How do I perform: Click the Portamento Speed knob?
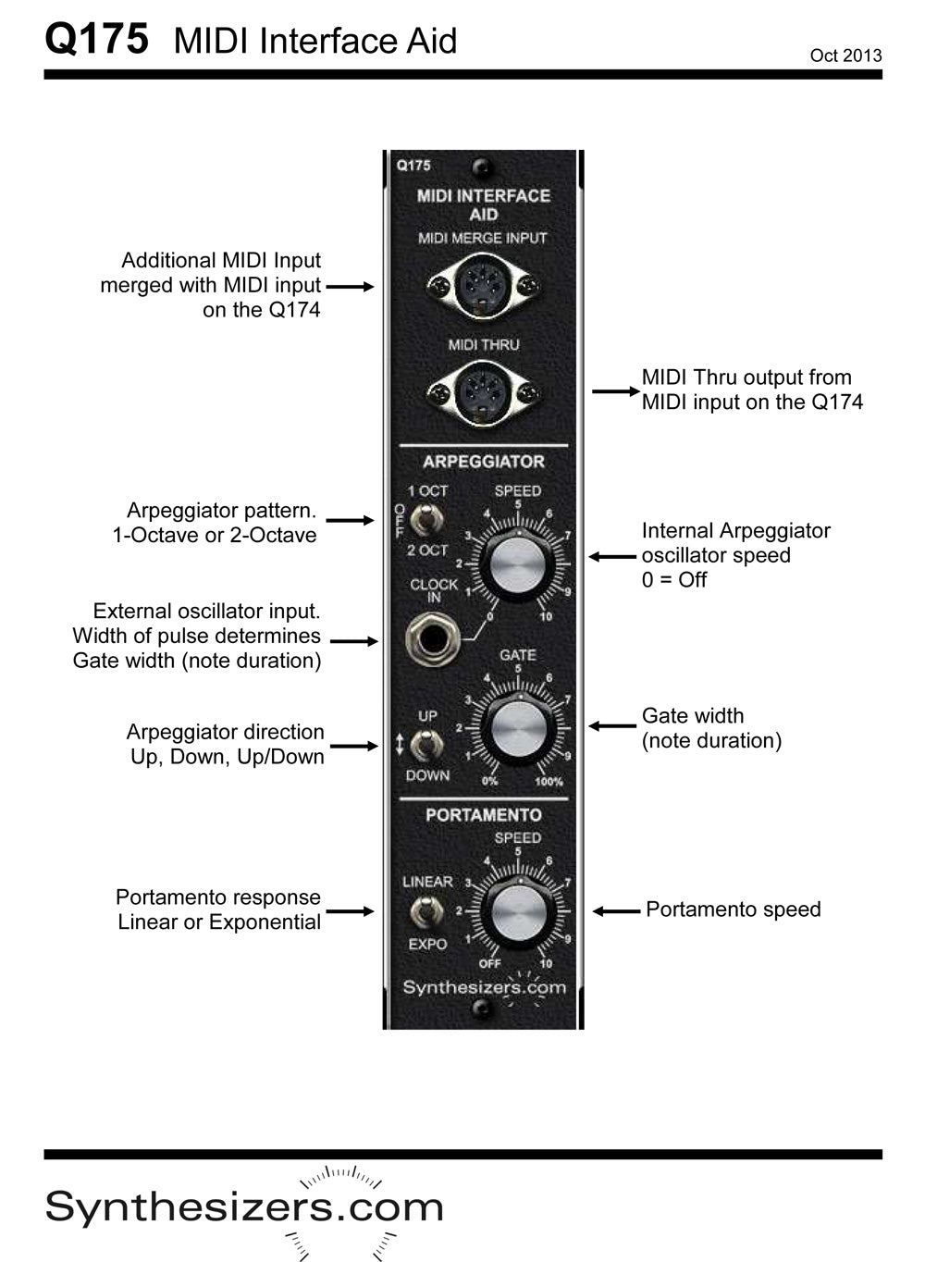click(x=518, y=911)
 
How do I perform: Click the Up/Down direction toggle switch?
click(x=425, y=745)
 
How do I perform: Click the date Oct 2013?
click(x=845, y=56)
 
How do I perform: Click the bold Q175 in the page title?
click(x=96, y=40)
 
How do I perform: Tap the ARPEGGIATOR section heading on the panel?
click(x=483, y=462)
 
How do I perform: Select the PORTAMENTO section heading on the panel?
click(x=483, y=815)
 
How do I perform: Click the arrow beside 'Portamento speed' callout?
click(x=616, y=911)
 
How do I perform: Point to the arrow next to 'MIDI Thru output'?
click(x=615, y=391)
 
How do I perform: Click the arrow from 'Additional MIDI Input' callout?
click(x=350, y=287)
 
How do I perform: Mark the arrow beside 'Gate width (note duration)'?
click(x=612, y=726)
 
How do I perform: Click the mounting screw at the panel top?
click(x=480, y=167)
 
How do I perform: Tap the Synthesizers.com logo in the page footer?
click(x=244, y=1207)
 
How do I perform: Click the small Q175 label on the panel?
click(x=413, y=167)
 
